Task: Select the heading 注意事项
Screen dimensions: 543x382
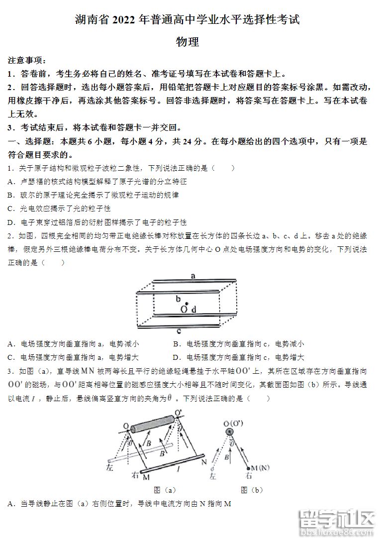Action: (26, 61)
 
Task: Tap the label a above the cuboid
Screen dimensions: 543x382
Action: (192, 275)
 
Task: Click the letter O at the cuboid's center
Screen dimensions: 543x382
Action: (184, 310)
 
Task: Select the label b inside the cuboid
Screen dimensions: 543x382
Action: (178, 299)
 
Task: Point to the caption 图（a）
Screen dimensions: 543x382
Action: (165, 490)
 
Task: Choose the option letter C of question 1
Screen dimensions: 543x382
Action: (11, 209)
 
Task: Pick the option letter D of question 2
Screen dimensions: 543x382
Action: (176, 357)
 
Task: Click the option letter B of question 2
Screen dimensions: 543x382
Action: (176, 344)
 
